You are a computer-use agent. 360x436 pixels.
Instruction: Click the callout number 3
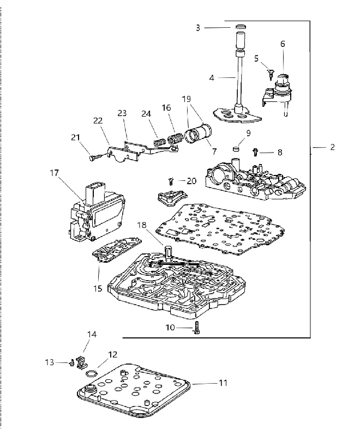tap(198, 28)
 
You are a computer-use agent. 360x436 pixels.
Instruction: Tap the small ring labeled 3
tap(241, 27)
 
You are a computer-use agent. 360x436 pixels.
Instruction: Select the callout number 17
tap(55, 173)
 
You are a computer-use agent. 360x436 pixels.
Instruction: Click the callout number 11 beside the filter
tap(223, 383)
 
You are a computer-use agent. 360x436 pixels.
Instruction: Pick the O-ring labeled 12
tap(91, 373)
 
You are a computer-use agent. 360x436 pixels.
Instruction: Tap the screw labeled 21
tap(96, 158)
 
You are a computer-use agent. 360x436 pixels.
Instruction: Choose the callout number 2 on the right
tap(333, 147)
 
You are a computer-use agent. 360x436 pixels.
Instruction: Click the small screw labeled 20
tap(171, 181)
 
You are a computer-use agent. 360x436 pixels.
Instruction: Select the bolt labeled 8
tap(255, 152)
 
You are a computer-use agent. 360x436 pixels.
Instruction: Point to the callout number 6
tap(283, 44)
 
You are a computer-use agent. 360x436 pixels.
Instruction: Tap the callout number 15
tap(98, 288)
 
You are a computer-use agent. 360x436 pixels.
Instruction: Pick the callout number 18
tap(142, 225)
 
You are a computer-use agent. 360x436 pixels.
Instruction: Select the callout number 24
tap(146, 114)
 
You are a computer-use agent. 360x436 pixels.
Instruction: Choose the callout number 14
tap(92, 334)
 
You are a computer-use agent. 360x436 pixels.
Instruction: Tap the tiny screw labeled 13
tap(72, 362)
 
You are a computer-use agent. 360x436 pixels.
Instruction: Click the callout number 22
tap(98, 120)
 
